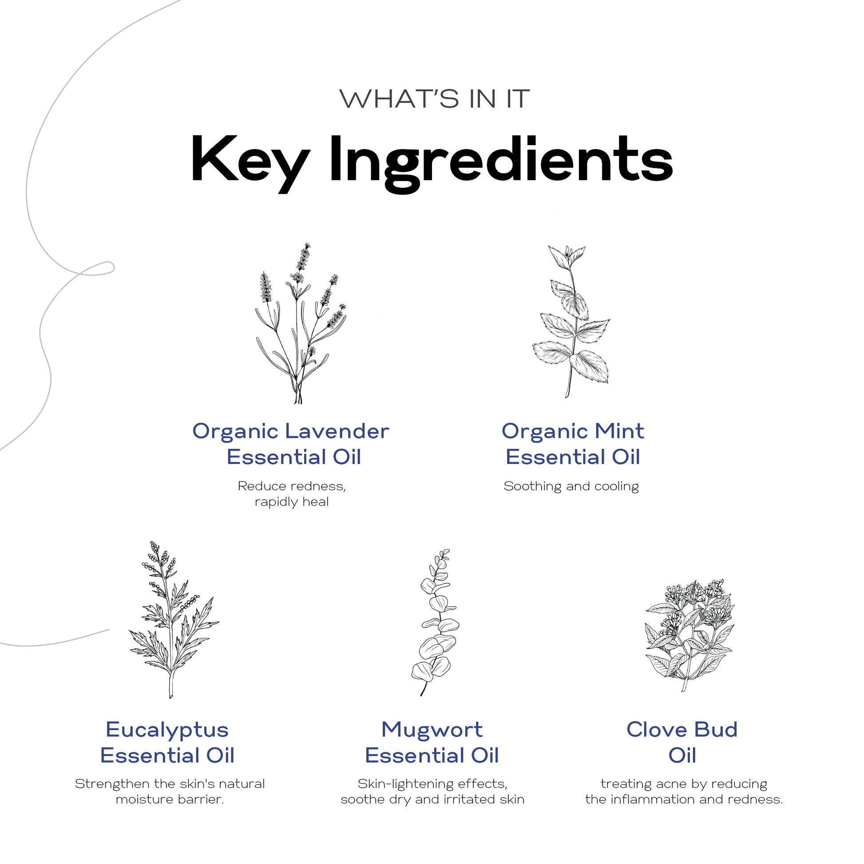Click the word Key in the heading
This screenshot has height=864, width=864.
[250, 164]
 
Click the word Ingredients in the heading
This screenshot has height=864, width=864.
[501, 164]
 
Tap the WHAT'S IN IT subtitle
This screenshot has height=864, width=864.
[434, 99]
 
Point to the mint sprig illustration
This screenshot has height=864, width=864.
[571, 321]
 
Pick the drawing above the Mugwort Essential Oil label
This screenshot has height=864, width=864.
[435, 622]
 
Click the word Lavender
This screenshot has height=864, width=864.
[337, 431]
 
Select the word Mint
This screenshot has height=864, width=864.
[619, 431]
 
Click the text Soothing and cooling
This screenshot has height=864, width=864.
[571, 486]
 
